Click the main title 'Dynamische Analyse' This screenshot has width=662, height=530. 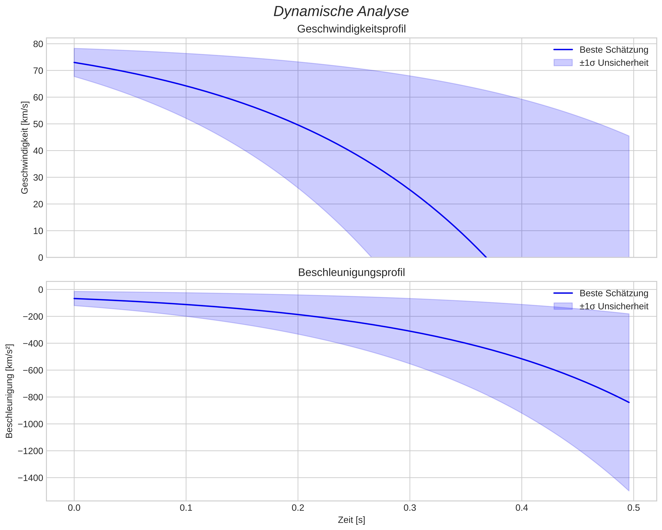point(341,12)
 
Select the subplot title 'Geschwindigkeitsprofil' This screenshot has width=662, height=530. point(351,29)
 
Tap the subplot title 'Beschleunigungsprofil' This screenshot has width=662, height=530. point(351,272)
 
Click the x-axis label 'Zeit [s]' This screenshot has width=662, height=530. point(351,520)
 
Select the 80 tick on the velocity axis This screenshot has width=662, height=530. point(38,44)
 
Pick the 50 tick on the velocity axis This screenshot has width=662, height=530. point(38,124)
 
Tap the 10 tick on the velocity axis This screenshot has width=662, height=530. point(38,231)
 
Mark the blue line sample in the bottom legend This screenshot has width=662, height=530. point(563,293)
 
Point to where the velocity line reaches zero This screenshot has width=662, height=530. point(486,257)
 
